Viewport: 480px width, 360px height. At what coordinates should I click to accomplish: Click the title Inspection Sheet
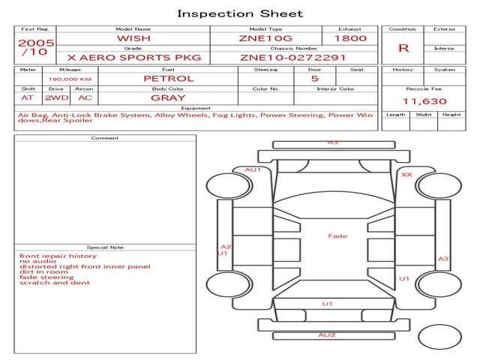pos(240,13)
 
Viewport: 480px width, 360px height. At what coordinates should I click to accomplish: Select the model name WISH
pos(133,38)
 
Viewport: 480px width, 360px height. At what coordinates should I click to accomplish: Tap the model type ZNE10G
pos(265,38)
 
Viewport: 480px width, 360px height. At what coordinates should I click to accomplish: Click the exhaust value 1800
pos(350,38)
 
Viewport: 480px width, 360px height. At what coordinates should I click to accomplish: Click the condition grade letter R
pos(403,48)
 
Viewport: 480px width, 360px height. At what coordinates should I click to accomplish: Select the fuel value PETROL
pos(169,78)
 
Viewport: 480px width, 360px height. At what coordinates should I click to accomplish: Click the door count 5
pos(314,78)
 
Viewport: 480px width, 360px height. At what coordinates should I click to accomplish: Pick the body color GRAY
pos(168,97)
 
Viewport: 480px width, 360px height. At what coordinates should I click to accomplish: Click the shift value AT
pos(28,97)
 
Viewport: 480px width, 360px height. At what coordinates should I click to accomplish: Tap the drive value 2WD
pos(55,97)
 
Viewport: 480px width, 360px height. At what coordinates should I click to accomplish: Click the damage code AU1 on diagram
pos(253,169)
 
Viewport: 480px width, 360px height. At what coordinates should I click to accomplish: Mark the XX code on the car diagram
pos(406,174)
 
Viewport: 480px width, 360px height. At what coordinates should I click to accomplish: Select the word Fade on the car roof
pos(337,236)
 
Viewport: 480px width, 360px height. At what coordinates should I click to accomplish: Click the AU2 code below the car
pos(326,334)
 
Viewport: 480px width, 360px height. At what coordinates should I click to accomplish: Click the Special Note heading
pos(104,247)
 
